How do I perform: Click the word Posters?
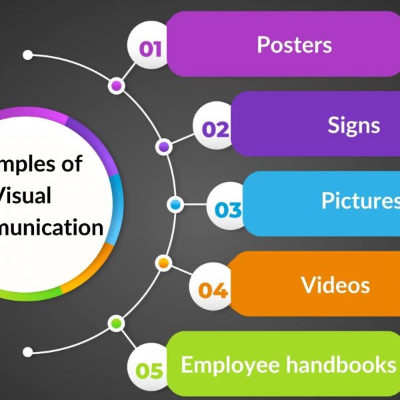294,45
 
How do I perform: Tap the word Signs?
353,125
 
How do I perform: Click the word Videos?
335,285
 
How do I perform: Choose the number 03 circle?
227,210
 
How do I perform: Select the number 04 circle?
213,290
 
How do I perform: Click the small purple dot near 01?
117,86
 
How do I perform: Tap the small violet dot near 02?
163,146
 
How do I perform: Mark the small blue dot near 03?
175,204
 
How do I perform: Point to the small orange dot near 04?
163,263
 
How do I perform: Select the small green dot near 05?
117,323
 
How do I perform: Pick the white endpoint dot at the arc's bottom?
28,351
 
